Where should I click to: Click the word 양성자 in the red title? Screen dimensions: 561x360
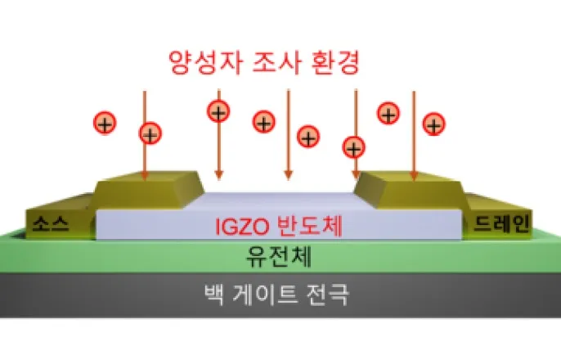pos(200,61)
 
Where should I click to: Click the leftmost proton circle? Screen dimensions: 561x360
pos(105,124)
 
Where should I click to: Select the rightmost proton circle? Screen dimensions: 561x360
pos(433,124)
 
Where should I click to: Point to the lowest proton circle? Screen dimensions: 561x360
pos(353,148)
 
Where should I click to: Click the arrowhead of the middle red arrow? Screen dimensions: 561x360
pos(287,175)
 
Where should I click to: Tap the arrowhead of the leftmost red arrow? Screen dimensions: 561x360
pos(145,175)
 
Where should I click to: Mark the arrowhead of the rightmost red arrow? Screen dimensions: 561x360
pos(414,175)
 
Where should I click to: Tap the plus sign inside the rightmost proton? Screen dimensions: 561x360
pos(433,124)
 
